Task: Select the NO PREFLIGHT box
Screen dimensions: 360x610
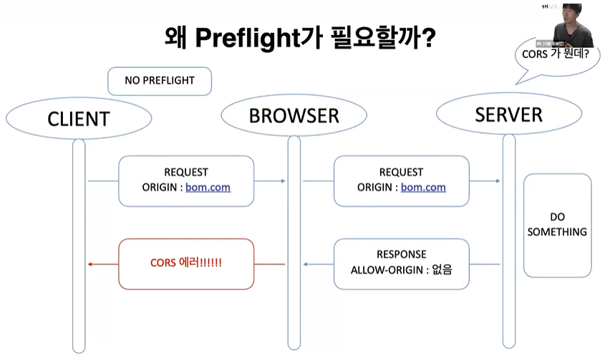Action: coord(160,81)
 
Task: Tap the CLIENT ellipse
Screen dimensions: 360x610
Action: coord(78,119)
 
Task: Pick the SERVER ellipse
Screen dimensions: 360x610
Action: coord(508,114)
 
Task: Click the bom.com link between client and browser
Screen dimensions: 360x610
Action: coord(208,188)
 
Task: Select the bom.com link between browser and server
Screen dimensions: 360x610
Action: coord(423,188)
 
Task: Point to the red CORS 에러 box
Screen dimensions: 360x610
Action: coord(186,263)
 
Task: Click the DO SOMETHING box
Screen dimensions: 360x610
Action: coord(557,225)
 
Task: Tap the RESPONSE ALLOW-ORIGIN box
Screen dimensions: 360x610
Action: coord(401,263)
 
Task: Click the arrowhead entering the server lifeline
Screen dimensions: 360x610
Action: coord(498,181)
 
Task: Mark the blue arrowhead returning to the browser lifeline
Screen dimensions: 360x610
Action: coord(306,264)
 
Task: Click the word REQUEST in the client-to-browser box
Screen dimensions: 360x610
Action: coord(186,172)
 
